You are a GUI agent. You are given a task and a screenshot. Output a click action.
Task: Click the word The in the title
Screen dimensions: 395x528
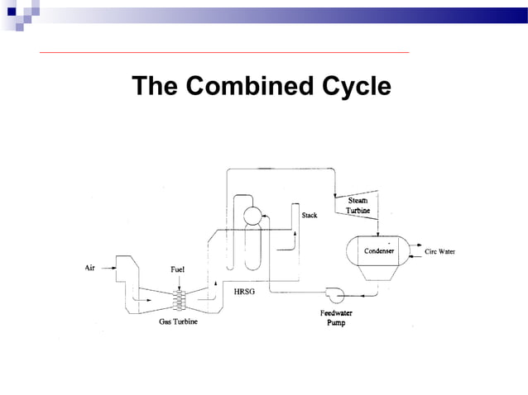pyautogui.click(x=157, y=87)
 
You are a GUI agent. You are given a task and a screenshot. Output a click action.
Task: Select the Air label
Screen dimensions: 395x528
pyautogui.click(x=91, y=267)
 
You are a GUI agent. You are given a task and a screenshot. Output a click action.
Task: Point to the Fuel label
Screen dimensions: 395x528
pyautogui.click(x=178, y=269)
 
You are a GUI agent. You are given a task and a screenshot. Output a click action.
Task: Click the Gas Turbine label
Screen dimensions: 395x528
pyautogui.click(x=178, y=322)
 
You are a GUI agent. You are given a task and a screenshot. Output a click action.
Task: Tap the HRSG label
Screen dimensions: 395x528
pyautogui.click(x=246, y=292)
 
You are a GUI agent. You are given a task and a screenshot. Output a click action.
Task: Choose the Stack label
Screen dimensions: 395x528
pyautogui.click(x=309, y=216)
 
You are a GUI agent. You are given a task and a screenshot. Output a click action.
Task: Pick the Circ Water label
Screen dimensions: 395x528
pyautogui.click(x=439, y=251)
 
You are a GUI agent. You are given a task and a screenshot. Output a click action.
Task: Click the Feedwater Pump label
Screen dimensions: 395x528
pyautogui.click(x=338, y=317)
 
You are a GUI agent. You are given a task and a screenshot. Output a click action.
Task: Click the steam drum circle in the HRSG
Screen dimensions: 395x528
pyautogui.click(x=251, y=216)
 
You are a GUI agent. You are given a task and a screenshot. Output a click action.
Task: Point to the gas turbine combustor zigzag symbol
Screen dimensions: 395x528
pyautogui.click(x=178, y=298)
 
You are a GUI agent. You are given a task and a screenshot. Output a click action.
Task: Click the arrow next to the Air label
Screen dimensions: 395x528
pyautogui.click(x=108, y=267)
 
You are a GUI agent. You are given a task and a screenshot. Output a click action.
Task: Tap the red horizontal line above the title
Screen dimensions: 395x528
pyautogui.click(x=223, y=53)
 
